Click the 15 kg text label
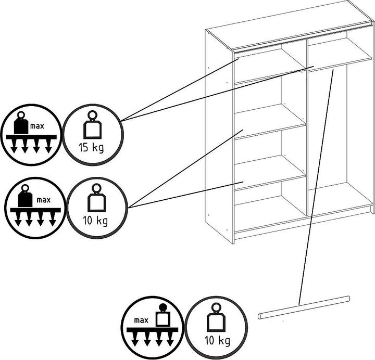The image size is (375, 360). [91, 147]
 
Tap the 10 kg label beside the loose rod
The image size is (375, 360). [216, 341]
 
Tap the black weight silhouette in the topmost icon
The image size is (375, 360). [21, 125]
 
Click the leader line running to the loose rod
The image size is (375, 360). [315, 187]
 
